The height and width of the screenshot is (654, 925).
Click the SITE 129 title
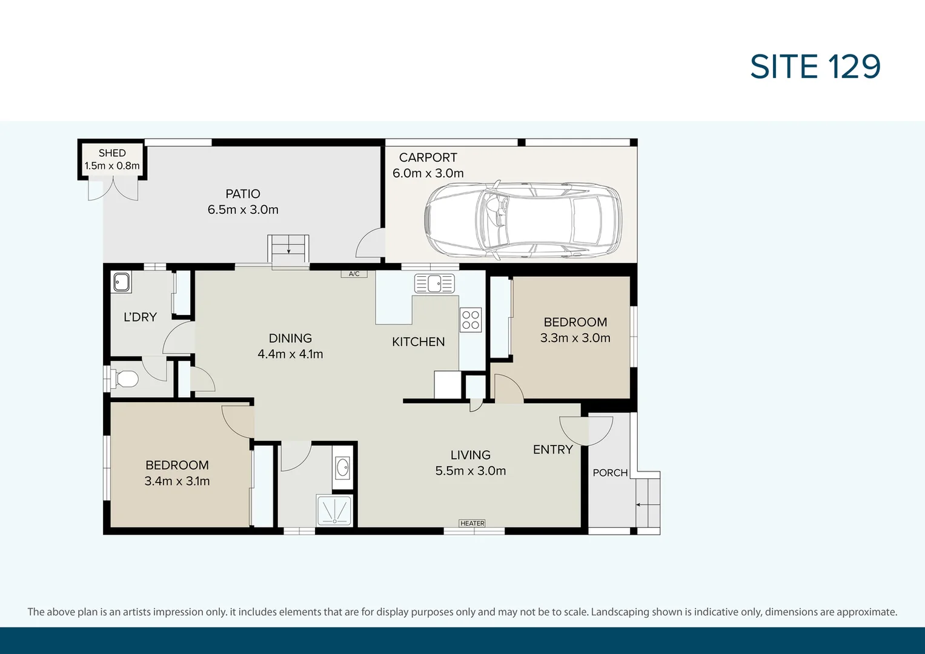click(815, 67)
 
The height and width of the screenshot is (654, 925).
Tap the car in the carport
click(523, 220)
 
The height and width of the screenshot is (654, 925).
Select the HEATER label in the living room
click(472, 524)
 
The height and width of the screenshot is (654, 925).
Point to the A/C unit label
click(354, 274)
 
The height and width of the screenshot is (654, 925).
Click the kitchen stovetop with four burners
click(471, 320)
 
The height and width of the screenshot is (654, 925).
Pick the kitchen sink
click(434, 283)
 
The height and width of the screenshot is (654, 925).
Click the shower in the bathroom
click(334, 510)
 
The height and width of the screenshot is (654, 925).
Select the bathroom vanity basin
click(342, 467)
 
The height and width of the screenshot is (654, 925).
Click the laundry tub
click(121, 283)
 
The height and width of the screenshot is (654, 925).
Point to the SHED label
click(112, 153)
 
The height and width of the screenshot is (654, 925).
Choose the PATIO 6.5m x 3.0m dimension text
click(243, 210)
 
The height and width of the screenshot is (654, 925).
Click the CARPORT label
click(428, 157)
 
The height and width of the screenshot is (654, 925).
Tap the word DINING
click(290, 338)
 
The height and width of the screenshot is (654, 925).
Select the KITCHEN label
click(419, 342)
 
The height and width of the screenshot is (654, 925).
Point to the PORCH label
click(611, 473)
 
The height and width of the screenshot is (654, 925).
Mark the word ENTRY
click(553, 449)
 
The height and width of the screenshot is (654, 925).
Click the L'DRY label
click(141, 317)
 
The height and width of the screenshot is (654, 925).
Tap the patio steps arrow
click(289, 248)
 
